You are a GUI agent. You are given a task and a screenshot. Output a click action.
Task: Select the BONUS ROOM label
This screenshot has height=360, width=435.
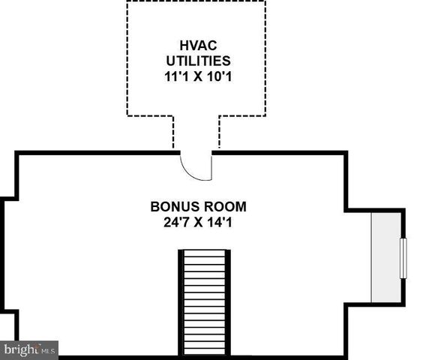198,206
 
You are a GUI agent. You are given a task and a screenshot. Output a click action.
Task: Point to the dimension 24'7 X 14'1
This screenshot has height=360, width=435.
198,221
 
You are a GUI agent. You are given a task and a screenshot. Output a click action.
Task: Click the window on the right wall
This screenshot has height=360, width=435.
403,259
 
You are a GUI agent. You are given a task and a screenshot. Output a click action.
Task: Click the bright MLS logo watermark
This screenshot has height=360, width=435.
29,349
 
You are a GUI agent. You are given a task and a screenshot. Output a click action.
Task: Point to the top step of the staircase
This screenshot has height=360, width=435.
205,255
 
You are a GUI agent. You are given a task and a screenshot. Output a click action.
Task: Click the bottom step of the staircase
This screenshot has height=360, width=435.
205,351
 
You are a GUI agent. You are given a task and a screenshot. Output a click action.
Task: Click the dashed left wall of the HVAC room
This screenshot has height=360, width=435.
127,60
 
